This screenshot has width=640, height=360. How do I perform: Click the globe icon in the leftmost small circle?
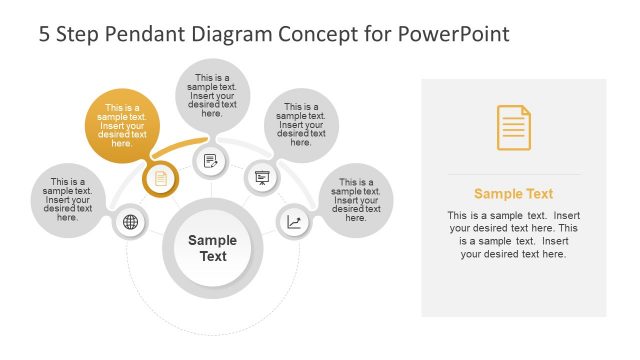pyautogui.click(x=130, y=222)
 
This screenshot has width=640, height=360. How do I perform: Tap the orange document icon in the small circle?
pyautogui.click(x=160, y=179)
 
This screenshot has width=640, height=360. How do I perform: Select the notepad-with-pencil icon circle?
pyautogui.click(x=211, y=160)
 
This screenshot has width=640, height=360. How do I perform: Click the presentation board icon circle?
pyautogui.click(x=262, y=179)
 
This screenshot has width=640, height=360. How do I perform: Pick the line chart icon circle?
pyautogui.click(x=293, y=222)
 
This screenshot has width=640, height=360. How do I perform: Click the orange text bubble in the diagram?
pyautogui.click(x=121, y=126)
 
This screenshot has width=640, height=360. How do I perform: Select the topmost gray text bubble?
pyautogui.click(x=212, y=95)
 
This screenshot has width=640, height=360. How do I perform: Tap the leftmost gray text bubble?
pyautogui.click(x=68, y=199)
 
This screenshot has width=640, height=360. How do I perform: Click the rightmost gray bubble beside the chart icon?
pyautogui.click(x=356, y=199)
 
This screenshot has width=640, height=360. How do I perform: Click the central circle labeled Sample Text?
pyautogui.click(x=212, y=248)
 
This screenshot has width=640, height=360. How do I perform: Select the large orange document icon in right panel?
pyautogui.click(x=514, y=128)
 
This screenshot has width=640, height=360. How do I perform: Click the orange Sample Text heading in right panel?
pyautogui.click(x=513, y=194)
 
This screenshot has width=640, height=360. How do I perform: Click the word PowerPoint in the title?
pyautogui.click(x=454, y=34)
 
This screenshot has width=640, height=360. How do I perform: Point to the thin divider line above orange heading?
pyautogui.click(x=513, y=174)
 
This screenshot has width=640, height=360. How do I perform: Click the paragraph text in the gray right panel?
pyautogui.click(x=513, y=234)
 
